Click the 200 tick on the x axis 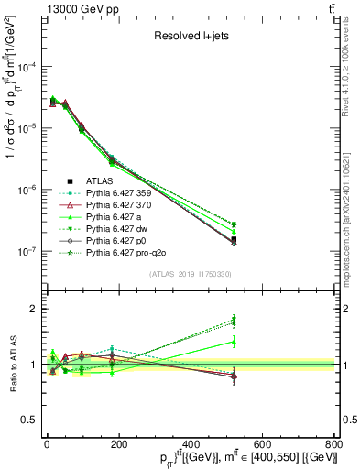(118, 444)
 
